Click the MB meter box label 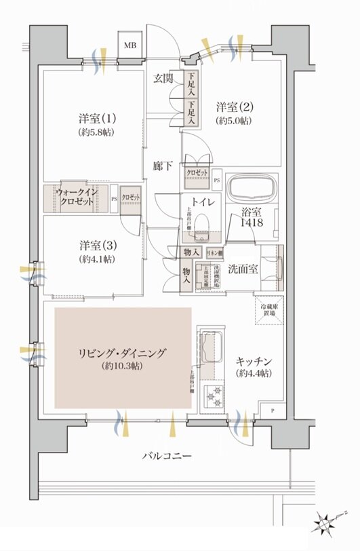tap(129, 46)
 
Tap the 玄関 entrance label tap(163, 79)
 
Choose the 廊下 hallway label tap(161, 164)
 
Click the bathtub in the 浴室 tap(250, 188)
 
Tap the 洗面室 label tap(242, 269)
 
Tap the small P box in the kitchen tap(273, 411)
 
